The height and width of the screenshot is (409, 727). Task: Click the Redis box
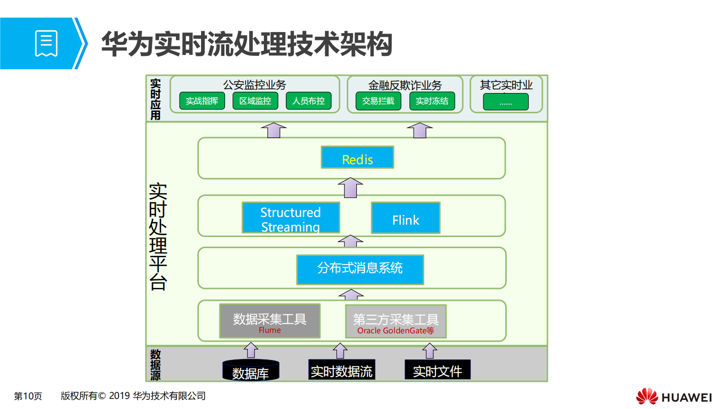point(357,157)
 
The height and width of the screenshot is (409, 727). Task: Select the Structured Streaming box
point(291,218)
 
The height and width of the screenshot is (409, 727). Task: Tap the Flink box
point(405,218)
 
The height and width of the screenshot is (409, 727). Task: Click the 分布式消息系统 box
point(360,270)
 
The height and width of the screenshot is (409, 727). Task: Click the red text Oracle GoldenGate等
point(395,331)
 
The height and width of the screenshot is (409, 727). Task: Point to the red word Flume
point(270,330)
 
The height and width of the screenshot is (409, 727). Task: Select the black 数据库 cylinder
point(251,371)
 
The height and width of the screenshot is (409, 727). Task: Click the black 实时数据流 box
point(342,370)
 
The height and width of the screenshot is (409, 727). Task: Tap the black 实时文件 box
point(437,370)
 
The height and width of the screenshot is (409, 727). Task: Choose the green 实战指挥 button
point(202,101)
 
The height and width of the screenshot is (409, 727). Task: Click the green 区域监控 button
point(255,101)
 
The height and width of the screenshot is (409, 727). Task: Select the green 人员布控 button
point(309,101)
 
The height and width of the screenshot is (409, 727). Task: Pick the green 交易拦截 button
point(378,101)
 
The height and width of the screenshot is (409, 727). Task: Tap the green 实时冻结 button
point(432,101)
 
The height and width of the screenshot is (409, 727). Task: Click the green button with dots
point(506,102)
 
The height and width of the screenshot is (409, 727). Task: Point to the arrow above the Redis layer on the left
point(274,130)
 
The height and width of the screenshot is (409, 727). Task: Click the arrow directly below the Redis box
point(350,188)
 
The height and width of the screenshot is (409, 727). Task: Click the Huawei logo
point(674,396)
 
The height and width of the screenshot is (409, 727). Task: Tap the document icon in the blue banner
point(46,44)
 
